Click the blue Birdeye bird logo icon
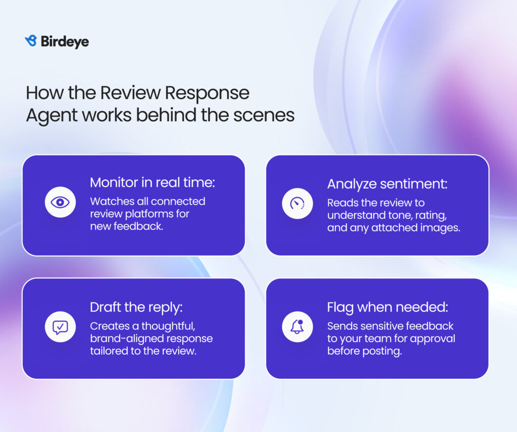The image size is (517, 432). coord(31,40)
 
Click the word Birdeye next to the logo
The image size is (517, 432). coord(65,41)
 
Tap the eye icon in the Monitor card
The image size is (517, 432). coord(61,202)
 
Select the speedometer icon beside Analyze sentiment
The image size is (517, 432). coord(297,204)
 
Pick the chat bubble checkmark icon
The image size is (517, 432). coord(61,327)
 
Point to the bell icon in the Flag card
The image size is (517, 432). coord(297,327)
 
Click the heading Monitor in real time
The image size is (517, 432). coord(152,182)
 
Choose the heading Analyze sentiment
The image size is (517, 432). coord(387,184)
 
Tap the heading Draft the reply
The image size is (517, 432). coord(136,308)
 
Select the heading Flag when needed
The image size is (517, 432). coord(388,307)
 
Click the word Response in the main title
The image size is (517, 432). coord(207,93)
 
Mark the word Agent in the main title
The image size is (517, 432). coord(51,116)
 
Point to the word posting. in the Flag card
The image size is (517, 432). coord(383,352)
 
